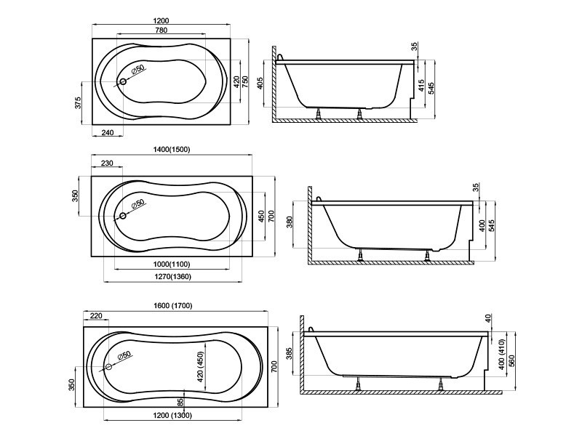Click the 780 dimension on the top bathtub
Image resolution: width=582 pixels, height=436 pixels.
pos(161,30)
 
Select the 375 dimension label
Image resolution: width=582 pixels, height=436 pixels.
pos(78,103)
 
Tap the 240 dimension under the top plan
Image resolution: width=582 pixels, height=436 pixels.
pos(107,132)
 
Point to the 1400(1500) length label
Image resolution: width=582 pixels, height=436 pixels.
pos(172,150)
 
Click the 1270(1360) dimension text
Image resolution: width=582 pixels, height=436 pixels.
pos(172,277)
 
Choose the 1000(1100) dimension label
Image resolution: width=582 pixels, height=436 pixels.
pos(172,265)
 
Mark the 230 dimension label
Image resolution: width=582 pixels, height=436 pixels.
pos(106,163)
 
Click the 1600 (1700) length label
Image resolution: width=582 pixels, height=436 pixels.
pos(173,306)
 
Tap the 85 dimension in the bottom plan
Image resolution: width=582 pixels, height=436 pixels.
pos(180,402)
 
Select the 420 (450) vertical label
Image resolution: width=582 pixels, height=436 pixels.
pos(200,366)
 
